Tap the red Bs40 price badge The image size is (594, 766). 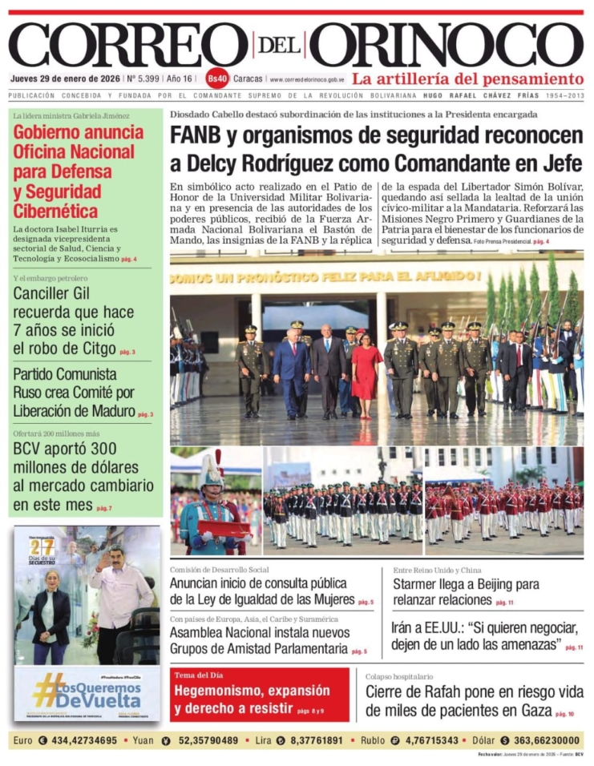(217, 79)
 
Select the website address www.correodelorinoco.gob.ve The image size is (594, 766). (308, 79)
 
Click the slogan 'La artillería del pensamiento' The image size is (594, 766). (468, 79)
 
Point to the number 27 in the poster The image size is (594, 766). (42, 547)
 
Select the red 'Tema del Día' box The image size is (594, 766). (259, 695)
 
